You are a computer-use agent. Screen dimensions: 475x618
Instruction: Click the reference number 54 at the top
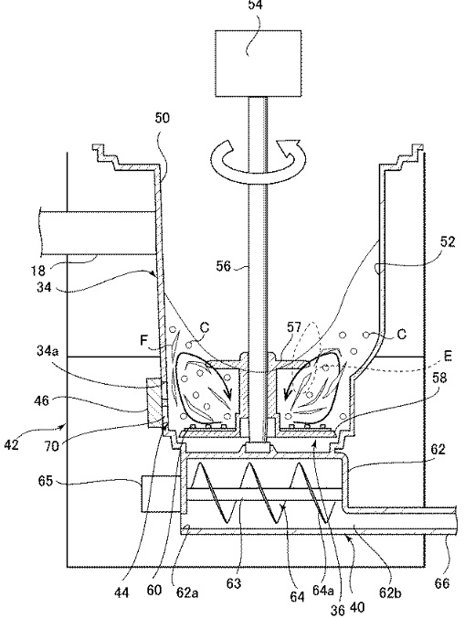[255, 5]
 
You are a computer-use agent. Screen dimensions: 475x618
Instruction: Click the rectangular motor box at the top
[259, 63]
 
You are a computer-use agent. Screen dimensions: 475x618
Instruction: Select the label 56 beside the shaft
[223, 266]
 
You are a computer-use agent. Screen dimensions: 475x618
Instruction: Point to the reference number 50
[162, 118]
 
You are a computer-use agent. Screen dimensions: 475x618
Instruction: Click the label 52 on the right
[448, 241]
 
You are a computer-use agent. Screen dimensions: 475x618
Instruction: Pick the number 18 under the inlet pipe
[38, 271]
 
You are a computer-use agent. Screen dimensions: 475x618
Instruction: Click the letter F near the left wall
[144, 340]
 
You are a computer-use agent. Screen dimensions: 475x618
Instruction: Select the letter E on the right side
[448, 356]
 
